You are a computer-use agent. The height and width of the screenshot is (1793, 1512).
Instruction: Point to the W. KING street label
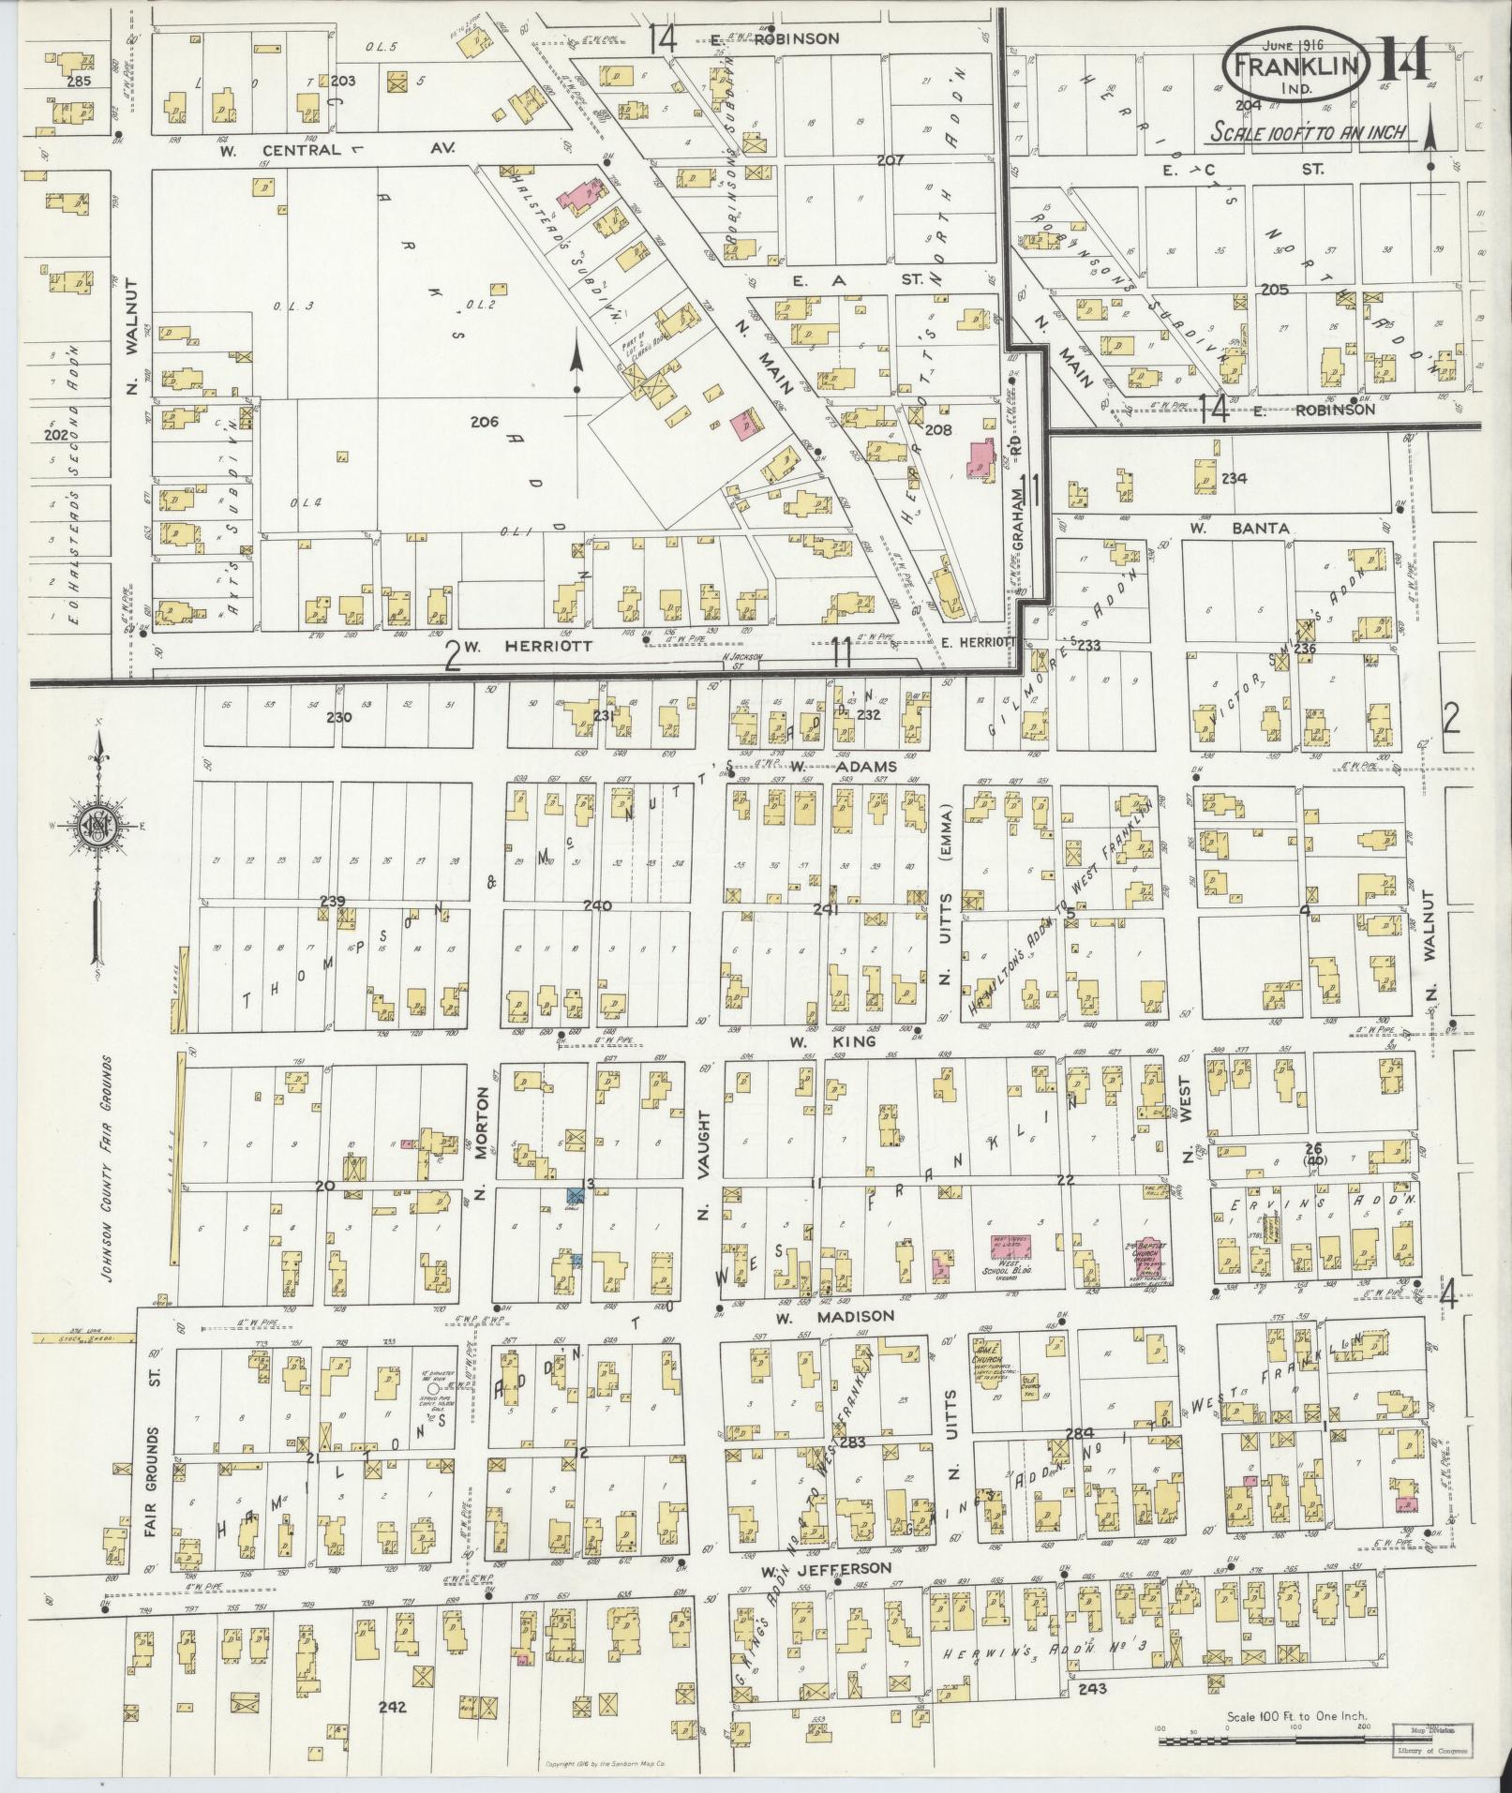pos(831,1041)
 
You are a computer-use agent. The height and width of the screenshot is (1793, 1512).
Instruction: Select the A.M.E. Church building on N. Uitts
pos(992,1350)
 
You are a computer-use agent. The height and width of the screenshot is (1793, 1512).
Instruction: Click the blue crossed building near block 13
pos(575,1194)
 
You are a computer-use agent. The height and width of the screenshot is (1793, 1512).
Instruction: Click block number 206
pos(484,423)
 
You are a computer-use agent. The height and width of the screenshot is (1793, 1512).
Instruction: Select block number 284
pos(1080,1459)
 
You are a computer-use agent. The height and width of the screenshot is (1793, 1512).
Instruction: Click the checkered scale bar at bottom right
pos(1266,1741)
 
